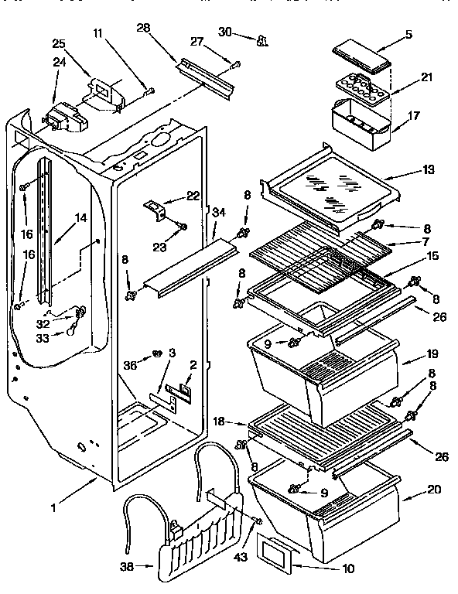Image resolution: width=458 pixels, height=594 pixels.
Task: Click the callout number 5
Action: [408, 35]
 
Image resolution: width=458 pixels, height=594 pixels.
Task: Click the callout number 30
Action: [225, 32]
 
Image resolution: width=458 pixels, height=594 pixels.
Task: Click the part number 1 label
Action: [54, 509]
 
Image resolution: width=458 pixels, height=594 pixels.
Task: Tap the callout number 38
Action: [126, 567]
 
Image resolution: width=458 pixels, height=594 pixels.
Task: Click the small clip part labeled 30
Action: [261, 39]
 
